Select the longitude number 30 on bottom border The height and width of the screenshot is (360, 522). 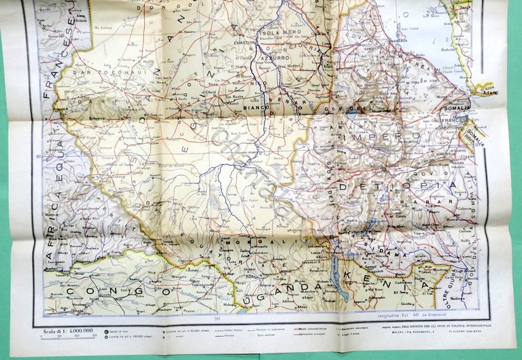click(x=217, y=319)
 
